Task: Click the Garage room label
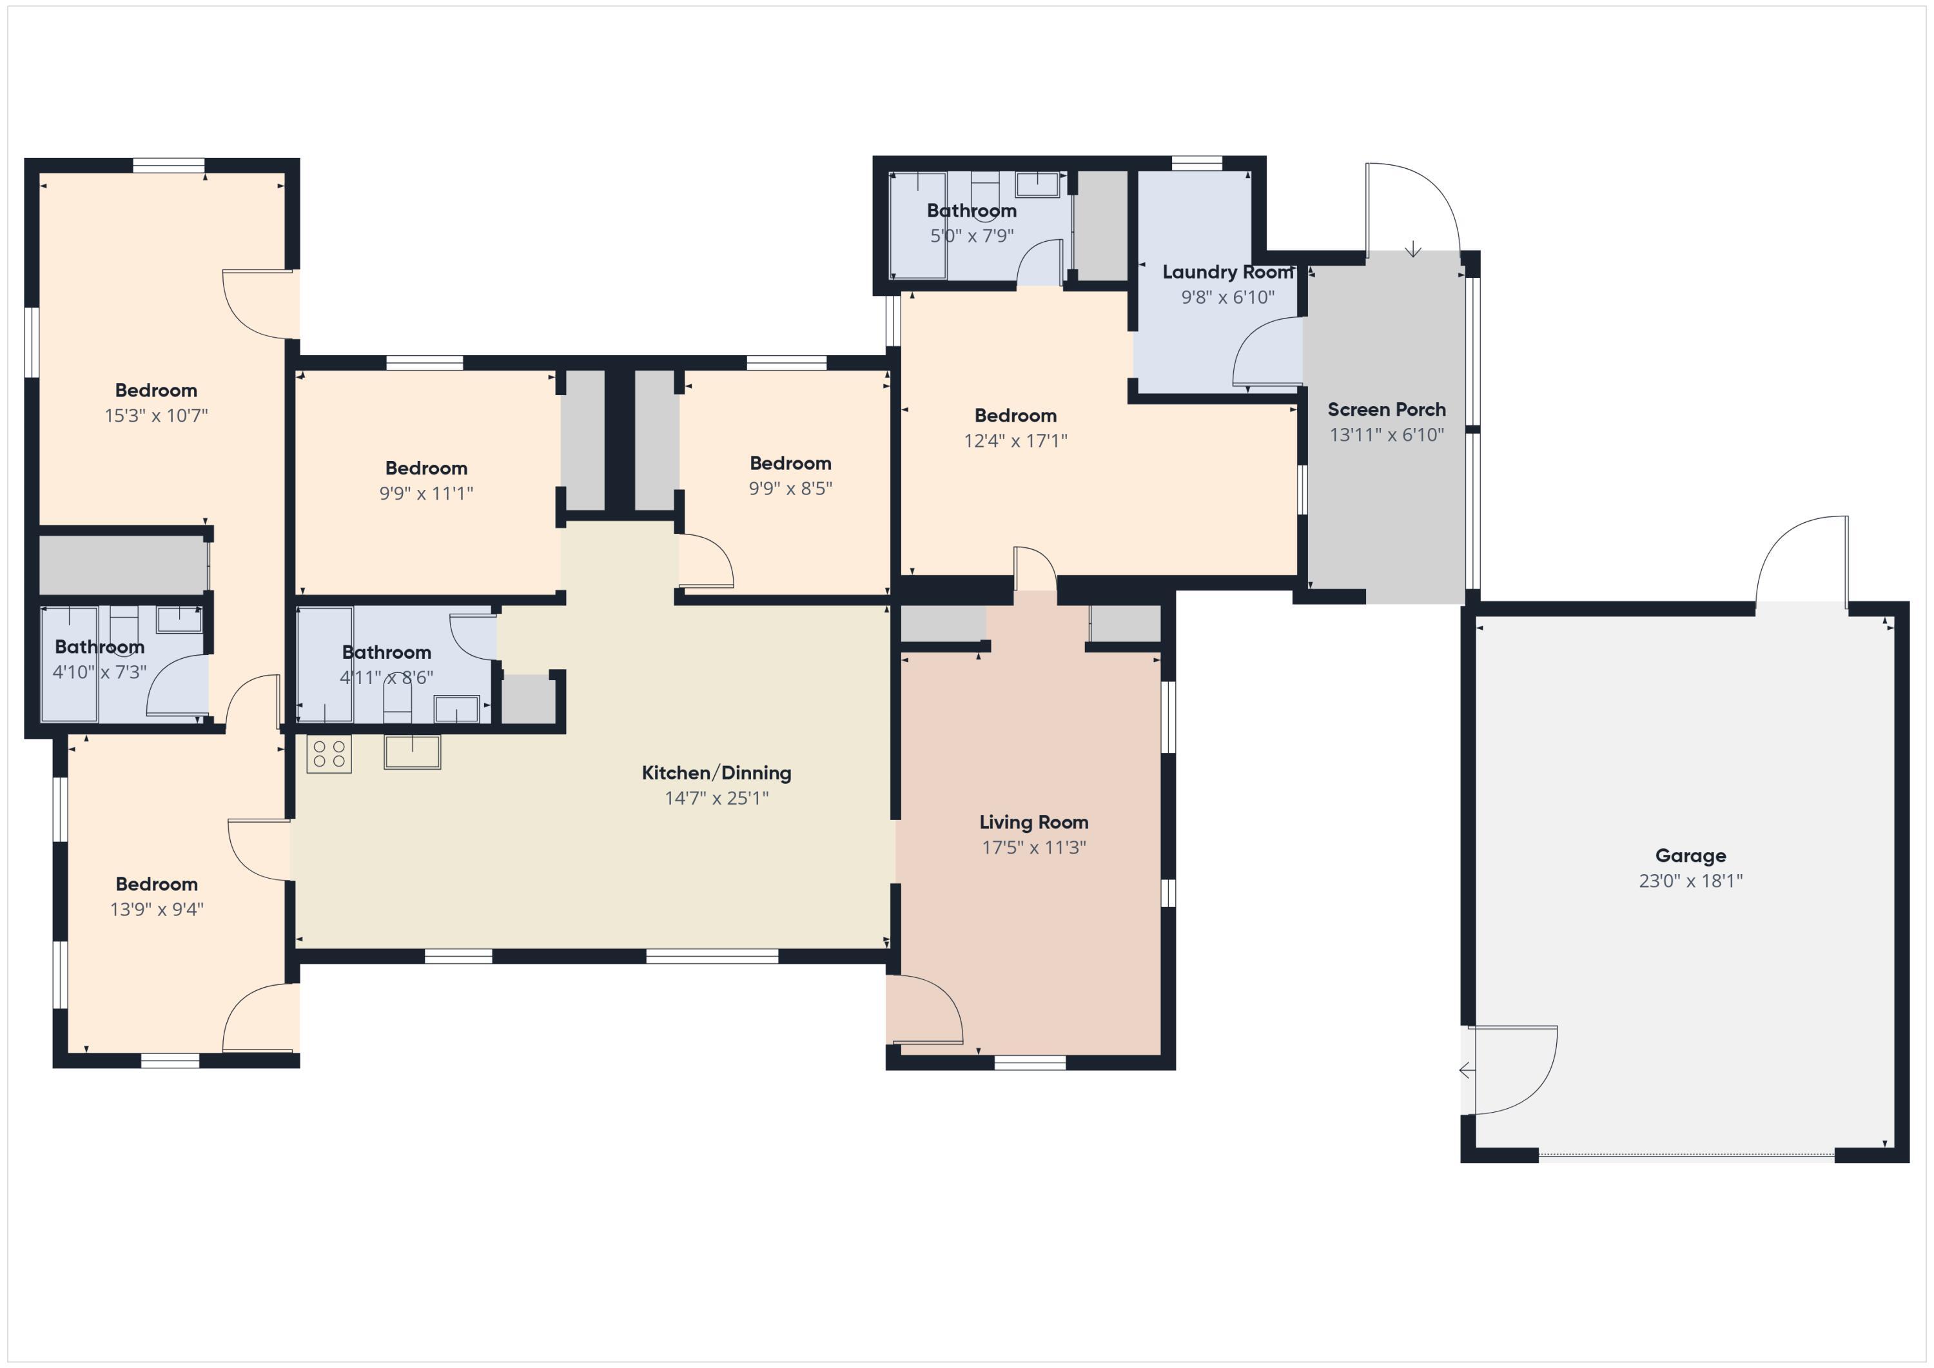pos(1690,856)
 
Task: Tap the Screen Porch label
pos(1387,409)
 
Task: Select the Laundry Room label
pos(1227,272)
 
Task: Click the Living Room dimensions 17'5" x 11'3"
pos(1033,847)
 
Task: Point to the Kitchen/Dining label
pos(716,772)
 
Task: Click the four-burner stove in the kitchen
pos(329,754)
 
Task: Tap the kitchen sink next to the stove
pos(412,752)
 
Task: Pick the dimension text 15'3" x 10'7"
pos(156,415)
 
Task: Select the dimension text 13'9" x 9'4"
pos(157,909)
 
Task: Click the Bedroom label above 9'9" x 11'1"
pos(425,468)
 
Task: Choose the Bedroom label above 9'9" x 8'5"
pos(790,464)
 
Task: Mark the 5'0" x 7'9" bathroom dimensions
pos(972,236)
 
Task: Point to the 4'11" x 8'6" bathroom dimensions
pos(387,678)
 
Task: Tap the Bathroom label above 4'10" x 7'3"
pos(99,647)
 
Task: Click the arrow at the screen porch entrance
pos(1412,249)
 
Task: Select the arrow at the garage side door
pos(1467,1071)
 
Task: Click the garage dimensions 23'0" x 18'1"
pos(1690,881)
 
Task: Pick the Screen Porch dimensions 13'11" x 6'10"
pos(1387,435)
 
